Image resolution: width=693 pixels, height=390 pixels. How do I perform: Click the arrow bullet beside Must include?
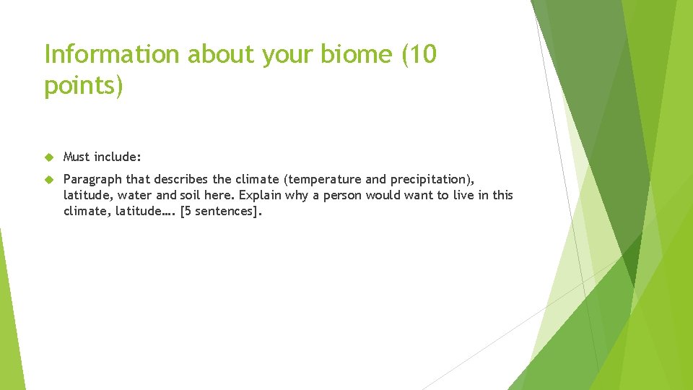tap(49, 157)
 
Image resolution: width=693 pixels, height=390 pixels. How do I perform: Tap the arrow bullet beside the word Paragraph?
tap(49, 179)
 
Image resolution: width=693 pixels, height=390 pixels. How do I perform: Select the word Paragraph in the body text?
tap(93, 179)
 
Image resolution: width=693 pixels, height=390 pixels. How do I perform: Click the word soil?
tap(191, 195)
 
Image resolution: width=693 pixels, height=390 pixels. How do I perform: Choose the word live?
tap(460, 195)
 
